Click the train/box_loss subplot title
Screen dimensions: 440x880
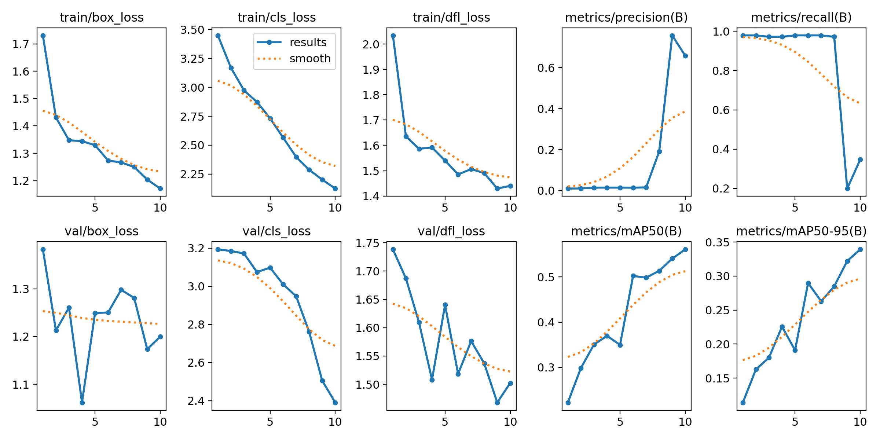point(102,17)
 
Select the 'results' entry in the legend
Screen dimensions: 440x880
point(308,43)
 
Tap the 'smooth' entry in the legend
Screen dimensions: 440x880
point(310,59)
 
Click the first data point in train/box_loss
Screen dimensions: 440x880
point(43,36)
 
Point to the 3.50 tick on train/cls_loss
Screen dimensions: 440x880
point(194,30)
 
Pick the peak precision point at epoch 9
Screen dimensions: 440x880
point(672,36)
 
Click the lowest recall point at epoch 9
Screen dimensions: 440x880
point(847,188)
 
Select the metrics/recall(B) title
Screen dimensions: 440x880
point(801,17)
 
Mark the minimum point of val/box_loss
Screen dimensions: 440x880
point(82,403)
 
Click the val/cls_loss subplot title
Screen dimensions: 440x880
point(276,231)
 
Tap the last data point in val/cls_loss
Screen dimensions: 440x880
point(335,403)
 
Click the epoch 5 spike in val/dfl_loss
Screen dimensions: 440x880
point(445,305)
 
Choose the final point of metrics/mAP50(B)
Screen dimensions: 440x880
point(685,249)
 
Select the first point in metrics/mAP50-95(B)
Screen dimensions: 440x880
point(743,403)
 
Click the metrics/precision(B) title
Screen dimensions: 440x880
point(626,17)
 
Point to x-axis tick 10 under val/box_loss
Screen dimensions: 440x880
point(160,422)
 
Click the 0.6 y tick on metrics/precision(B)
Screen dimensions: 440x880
point(545,68)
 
